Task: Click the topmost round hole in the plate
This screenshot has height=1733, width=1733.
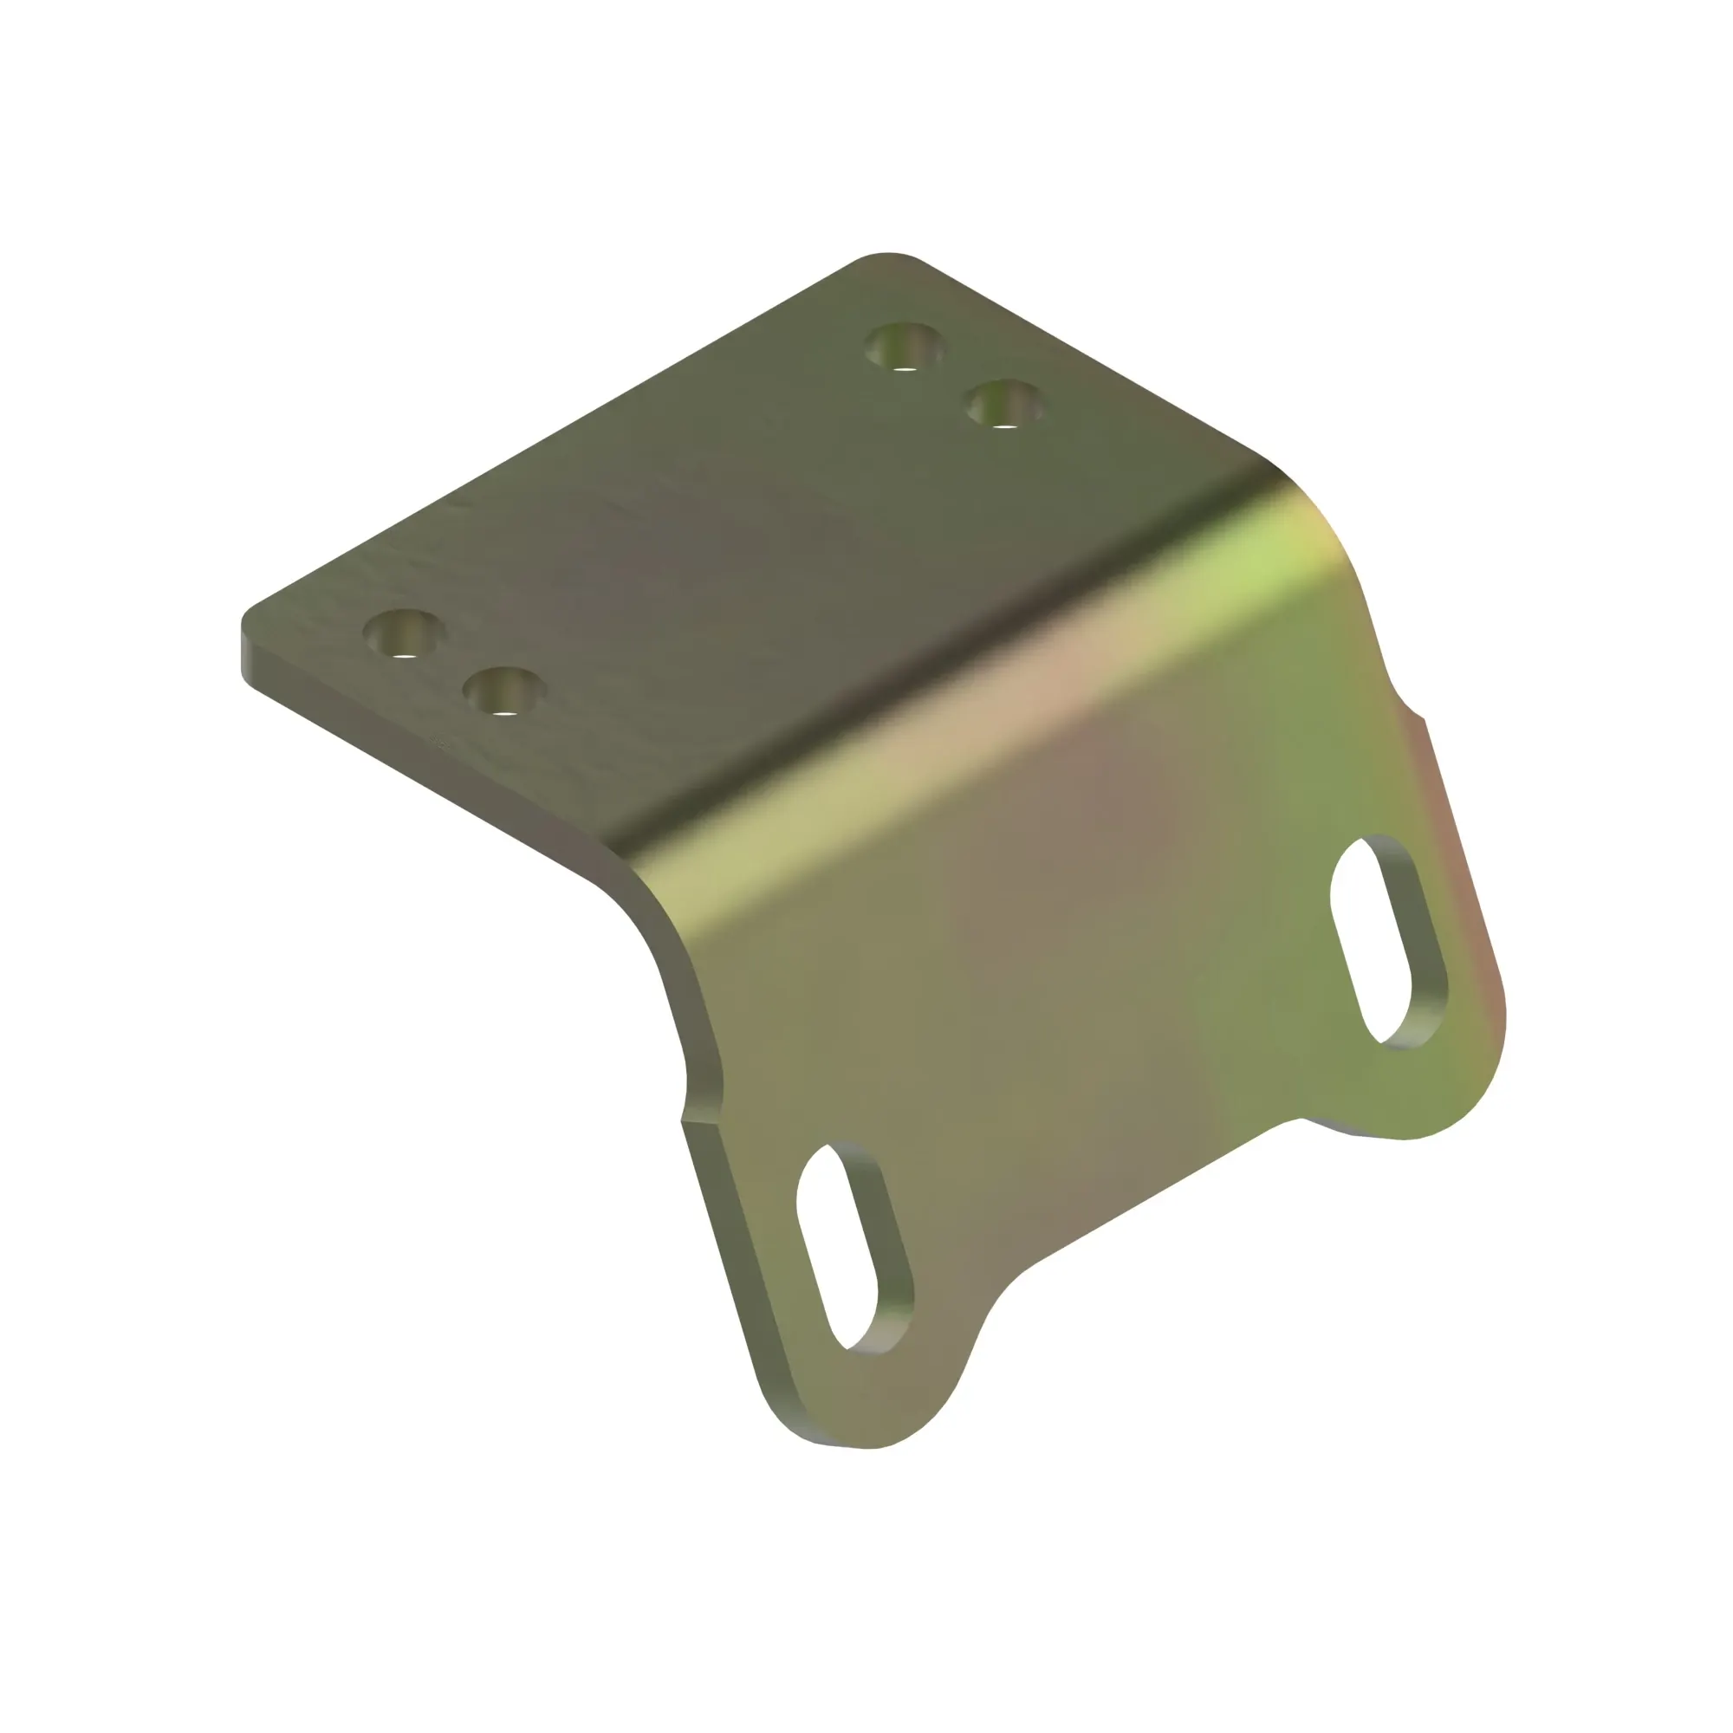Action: coord(903,347)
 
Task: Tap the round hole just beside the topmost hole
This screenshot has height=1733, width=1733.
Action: coord(1004,404)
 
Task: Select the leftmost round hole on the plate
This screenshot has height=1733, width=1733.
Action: coord(404,633)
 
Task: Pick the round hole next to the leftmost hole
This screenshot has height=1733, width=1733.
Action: coord(504,691)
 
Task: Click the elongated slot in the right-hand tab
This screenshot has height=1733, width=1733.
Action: coord(1386,942)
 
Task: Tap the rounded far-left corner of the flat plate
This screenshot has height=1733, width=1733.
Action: coord(248,619)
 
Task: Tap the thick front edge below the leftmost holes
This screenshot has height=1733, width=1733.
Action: coord(404,763)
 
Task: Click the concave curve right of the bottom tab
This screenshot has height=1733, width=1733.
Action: coord(1004,1292)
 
